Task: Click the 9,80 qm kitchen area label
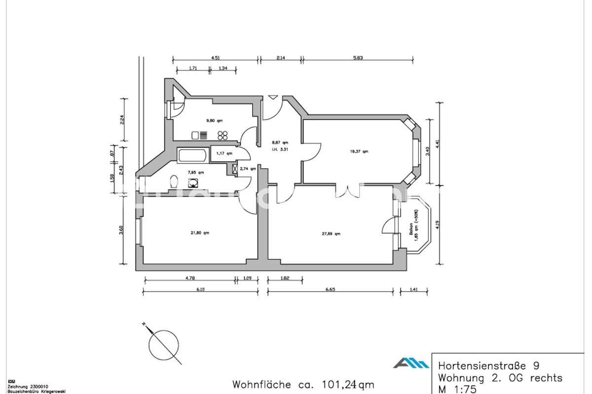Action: pos(214,120)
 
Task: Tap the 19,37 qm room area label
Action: pos(359,151)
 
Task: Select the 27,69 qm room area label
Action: pos(331,234)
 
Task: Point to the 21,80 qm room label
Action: pos(200,232)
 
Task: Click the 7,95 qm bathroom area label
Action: pos(195,172)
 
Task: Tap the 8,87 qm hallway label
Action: pos(280,143)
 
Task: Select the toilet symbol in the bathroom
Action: pos(173,182)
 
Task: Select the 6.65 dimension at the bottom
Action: pos(330,290)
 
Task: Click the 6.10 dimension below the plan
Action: pos(200,290)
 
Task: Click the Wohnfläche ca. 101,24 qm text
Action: pos(303,384)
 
